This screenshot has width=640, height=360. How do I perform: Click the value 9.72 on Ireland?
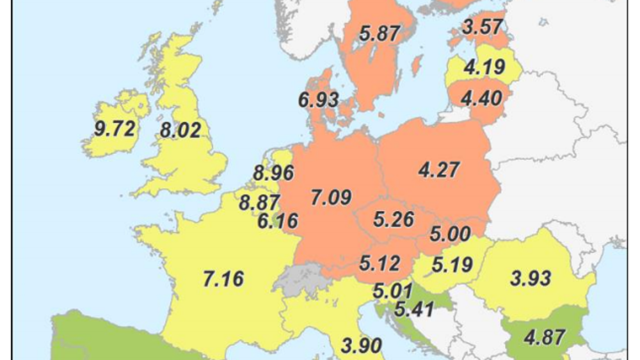(115, 129)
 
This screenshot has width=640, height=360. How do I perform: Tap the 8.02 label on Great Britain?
(180, 131)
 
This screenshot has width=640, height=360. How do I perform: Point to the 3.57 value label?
(483, 28)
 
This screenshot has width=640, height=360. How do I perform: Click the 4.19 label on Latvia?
(484, 67)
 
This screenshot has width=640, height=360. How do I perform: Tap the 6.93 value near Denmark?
(318, 100)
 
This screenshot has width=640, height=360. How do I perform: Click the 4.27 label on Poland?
(439, 170)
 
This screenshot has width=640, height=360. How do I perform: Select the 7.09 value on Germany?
(331, 197)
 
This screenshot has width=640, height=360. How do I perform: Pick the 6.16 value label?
(278, 221)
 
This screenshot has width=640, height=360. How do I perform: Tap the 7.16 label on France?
(223, 279)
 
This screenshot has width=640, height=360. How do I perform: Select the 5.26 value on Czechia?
(394, 219)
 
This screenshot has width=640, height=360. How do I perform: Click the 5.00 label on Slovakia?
(449, 234)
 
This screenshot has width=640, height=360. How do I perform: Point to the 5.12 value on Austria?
(380, 263)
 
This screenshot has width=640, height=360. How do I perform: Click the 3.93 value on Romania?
(531, 279)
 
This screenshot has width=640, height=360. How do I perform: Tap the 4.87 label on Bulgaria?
(545, 337)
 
